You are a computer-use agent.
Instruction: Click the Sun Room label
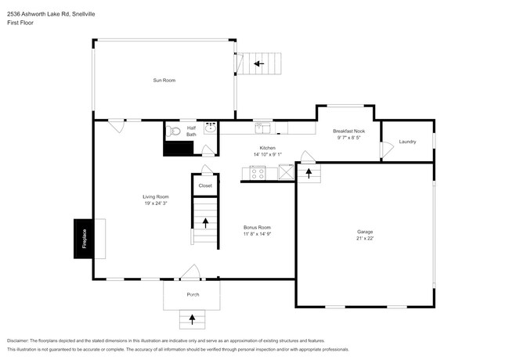coord(164,80)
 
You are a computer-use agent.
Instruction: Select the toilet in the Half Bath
coord(173,131)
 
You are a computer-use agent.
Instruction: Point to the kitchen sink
coord(262,128)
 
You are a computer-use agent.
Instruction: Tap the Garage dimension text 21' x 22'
coord(364,239)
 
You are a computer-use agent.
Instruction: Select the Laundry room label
coord(407,142)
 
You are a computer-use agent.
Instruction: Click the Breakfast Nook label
coord(348,131)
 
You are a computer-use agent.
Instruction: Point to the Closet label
coord(205,185)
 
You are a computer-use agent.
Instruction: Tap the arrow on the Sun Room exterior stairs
coord(258,63)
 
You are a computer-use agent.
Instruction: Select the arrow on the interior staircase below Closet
coord(206,222)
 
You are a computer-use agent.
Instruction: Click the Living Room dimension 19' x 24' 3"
coord(156,203)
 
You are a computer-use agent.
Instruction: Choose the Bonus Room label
coord(257,227)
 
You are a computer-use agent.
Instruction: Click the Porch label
coord(193,294)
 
